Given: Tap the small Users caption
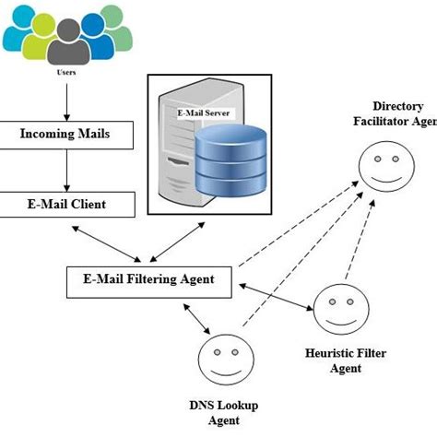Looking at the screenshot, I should coord(65,71).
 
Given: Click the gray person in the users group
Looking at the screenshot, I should coord(65,41).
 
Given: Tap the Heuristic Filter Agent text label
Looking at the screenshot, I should coord(334,360).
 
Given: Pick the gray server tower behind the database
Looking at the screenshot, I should coord(171,152).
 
